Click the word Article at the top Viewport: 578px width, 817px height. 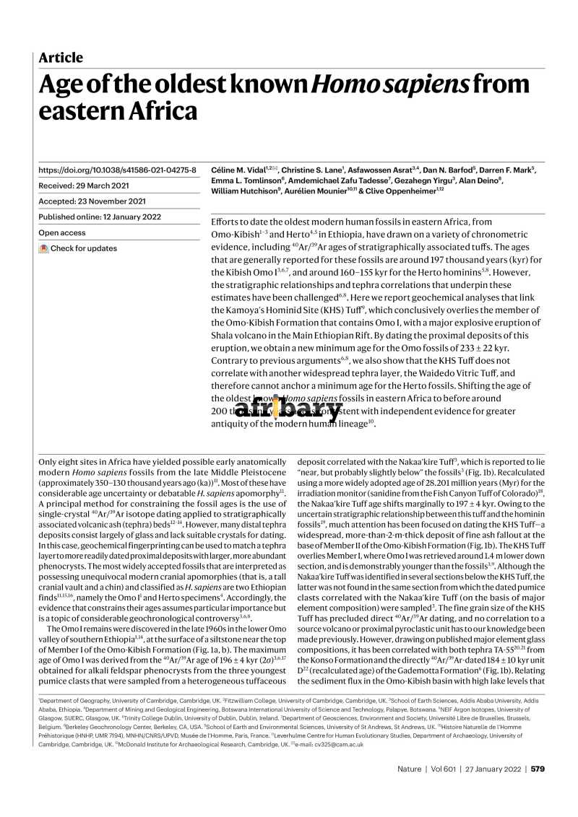pyautogui.click(x=61, y=58)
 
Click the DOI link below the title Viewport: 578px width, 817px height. pyautogui.click(x=117, y=170)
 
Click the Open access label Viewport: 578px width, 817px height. pyautogui.click(x=62, y=233)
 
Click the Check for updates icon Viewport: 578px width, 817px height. pyautogui.click(x=43, y=249)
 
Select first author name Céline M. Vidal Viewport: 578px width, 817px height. pyautogui.click(x=238, y=170)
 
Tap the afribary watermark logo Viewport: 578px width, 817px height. pyautogui.click(x=288, y=410)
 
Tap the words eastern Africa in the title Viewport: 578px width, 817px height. pyautogui.click(x=117, y=112)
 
